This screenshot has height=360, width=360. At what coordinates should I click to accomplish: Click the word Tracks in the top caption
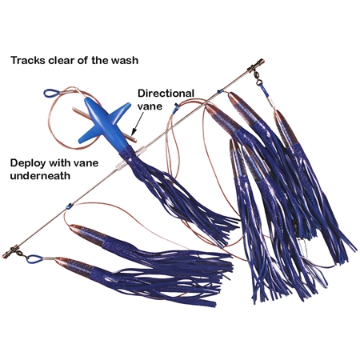coord(28,60)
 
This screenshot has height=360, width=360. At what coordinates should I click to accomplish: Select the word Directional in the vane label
coord(166,94)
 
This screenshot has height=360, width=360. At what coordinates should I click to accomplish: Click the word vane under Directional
coord(150,106)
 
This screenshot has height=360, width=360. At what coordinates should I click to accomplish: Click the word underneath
coord(40,176)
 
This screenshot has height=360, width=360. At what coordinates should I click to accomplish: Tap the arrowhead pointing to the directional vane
coord(134,130)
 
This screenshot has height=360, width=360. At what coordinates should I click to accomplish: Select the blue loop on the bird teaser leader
coord(51,93)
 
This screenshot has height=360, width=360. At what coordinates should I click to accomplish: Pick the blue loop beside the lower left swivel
coord(34,258)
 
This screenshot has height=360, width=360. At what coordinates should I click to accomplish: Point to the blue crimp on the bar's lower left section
coord(69,206)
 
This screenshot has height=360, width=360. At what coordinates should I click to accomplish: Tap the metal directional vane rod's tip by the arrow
coord(134,139)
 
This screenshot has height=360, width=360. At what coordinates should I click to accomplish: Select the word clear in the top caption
coord(62,60)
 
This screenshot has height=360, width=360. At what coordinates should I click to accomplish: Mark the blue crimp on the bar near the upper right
coord(220,91)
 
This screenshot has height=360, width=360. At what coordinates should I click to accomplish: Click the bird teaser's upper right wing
coord(120,110)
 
